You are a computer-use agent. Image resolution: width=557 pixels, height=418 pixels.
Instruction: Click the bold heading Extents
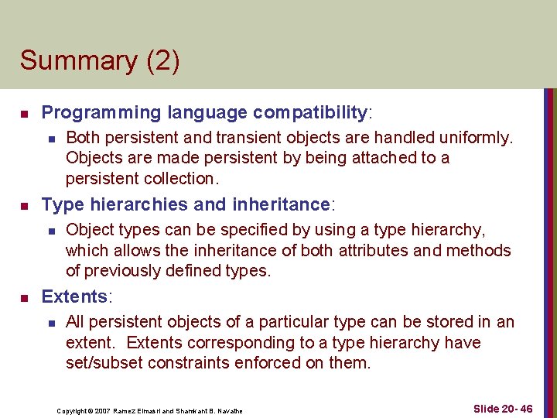coord(74,296)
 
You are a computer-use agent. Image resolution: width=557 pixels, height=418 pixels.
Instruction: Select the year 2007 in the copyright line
coord(100,410)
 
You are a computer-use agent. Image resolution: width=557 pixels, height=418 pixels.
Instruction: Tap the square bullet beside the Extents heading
coord(24,298)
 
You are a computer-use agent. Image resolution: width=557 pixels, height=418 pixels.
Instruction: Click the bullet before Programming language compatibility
coord(24,115)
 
